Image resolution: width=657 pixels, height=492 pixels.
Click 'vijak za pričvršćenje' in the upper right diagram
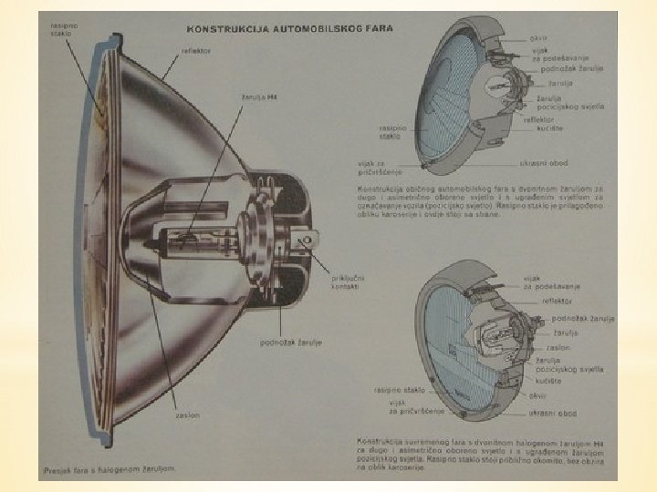pos(375,167)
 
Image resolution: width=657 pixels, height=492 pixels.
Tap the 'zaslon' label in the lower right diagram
pos(558,347)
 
